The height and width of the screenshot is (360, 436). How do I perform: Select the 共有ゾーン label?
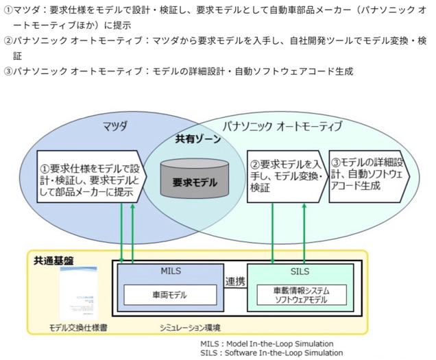pos(195,139)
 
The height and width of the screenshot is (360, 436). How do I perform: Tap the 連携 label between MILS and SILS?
pos(235,281)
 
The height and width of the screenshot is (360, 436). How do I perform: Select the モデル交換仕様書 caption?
pos(77,328)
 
